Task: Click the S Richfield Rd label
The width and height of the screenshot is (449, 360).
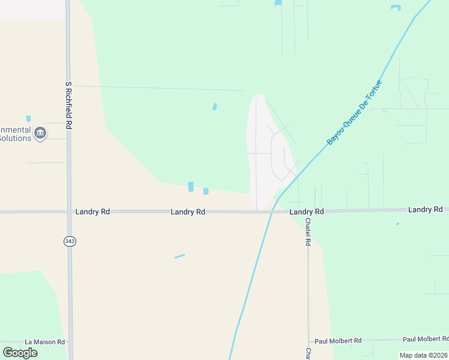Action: click(x=69, y=106)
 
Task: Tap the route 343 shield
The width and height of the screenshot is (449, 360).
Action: click(x=69, y=241)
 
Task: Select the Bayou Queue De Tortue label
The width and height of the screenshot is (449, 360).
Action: click(x=355, y=112)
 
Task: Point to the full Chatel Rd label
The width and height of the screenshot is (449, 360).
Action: click(x=308, y=232)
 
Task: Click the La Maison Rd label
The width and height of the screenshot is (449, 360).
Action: click(x=45, y=342)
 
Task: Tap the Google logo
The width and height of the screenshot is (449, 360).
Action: click(x=20, y=352)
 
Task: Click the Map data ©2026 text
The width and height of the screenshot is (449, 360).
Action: click(x=423, y=355)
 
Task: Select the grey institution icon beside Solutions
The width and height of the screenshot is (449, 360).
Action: click(x=40, y=133)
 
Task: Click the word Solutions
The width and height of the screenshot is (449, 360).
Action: click(x=15, y=139)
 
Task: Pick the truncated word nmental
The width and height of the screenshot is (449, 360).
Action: click(x=15, y=130)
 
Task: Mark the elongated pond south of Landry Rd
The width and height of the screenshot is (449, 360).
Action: click(x=179, y=256)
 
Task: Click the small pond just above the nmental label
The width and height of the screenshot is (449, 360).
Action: click(x=28, y=119)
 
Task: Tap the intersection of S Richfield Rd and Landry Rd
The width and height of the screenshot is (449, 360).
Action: click(x=68, y=212)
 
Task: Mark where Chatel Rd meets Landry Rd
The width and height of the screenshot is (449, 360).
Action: click(x=308, y=211)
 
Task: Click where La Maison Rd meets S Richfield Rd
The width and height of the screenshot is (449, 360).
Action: click(x=70, y=342)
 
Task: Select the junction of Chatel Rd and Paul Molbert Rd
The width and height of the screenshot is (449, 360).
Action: click(x=309, y=340)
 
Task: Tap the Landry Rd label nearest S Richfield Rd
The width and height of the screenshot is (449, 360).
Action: click(x=92, y=212)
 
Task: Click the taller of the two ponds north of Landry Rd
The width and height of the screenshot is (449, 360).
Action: click(x=191, y=187)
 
